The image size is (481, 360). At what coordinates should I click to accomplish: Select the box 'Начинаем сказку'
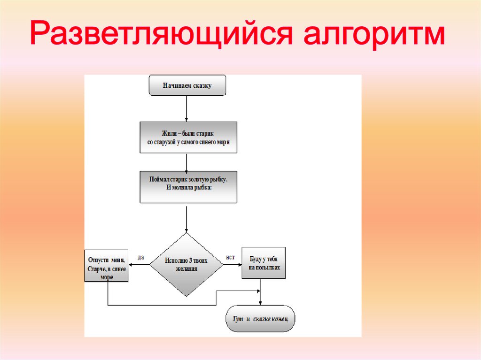click(187, 86)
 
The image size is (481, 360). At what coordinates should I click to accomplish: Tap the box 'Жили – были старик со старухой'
click(188, 137)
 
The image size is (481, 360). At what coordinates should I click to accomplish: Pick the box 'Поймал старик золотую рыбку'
click(188, 186)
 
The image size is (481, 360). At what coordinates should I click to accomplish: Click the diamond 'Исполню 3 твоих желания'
click(186, 265)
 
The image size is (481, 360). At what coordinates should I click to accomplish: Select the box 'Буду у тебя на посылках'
click(264, 263)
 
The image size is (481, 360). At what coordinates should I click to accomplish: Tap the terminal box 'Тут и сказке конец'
click(260, 319)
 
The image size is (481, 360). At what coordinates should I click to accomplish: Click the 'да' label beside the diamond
click(140, 257)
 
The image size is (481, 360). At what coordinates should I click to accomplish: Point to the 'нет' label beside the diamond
click(230, 257)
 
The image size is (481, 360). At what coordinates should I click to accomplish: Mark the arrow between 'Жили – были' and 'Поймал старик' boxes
click(187, 162)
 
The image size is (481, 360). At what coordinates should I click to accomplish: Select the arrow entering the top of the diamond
click(187, 218)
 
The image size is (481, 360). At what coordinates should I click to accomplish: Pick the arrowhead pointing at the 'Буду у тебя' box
click(239, 264)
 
